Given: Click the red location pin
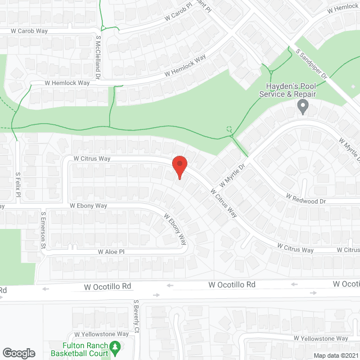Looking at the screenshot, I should pyautogui.click(x=179, y=167).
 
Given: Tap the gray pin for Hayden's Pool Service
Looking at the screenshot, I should pyautogui.click(x=303, y=106).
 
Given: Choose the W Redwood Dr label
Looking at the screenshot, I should pyautogui.click(x=305, y=199).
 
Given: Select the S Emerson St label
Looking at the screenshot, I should pyautogui.click(x=43, y=229).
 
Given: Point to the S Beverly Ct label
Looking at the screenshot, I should pyautogui.click(x=136, y=317).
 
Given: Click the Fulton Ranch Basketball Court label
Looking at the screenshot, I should pyautogui.click(x=76, y=349).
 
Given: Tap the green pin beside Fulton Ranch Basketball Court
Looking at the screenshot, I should pyautogui.click(x=115, y=349).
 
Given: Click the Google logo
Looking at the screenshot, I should pyautogui.click(x=18, y=353).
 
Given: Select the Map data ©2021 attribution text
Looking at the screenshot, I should pyautogui.click(x=335, y=355).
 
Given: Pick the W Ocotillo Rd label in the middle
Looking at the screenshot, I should pyautogui.click(x=232, y=285).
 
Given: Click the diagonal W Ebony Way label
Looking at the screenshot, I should pyautogui.click(x=175, y=229).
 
